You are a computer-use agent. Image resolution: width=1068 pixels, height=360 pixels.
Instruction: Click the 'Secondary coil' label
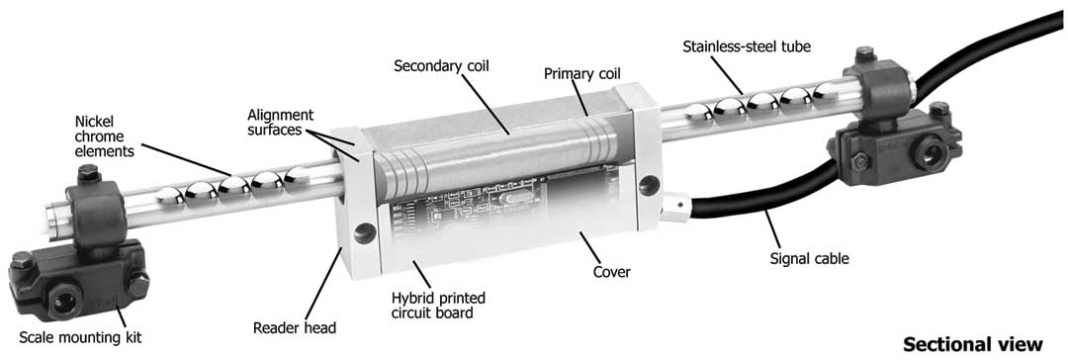443,66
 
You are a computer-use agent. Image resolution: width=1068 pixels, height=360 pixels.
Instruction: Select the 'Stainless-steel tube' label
746,47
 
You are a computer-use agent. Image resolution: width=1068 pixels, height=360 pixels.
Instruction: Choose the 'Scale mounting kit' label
80,337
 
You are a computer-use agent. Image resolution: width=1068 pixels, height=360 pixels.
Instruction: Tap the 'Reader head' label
295,328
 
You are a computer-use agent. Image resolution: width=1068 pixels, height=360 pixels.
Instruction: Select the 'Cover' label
612,273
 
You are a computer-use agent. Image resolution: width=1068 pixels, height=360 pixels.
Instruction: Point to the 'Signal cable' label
809,259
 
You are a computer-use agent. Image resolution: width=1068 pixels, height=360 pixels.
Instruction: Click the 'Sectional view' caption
973,343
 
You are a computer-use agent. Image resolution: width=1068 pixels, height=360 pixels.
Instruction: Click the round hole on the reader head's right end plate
649,183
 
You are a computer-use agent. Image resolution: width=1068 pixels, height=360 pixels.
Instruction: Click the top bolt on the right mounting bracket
864,53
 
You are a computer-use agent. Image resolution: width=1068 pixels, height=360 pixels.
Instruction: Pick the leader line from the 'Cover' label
589,247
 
